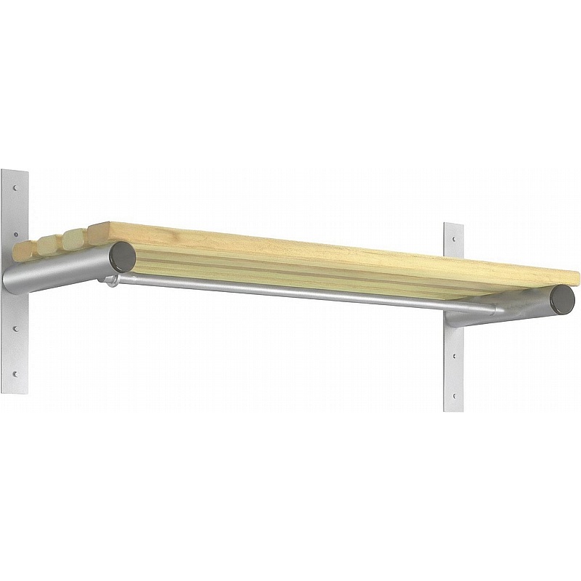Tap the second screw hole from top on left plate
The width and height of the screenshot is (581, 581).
[x=14, y=235]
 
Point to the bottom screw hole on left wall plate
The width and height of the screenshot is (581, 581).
[x=14, y=375]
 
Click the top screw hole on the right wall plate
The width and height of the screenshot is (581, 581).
[x=454, y=237]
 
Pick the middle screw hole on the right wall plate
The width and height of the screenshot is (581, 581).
[x=454, y=356]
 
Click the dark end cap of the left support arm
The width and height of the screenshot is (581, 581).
[x=122, y=256]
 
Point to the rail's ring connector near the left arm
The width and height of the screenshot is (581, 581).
[x=111, y=280]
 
